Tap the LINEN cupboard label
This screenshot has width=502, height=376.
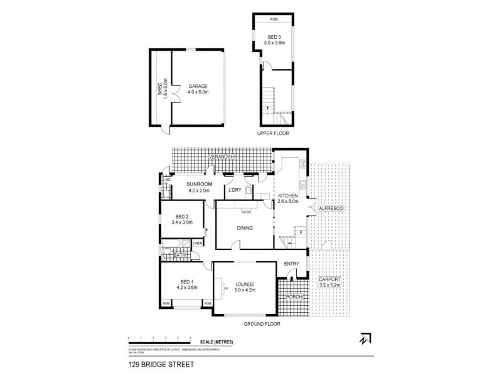[197, 243]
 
